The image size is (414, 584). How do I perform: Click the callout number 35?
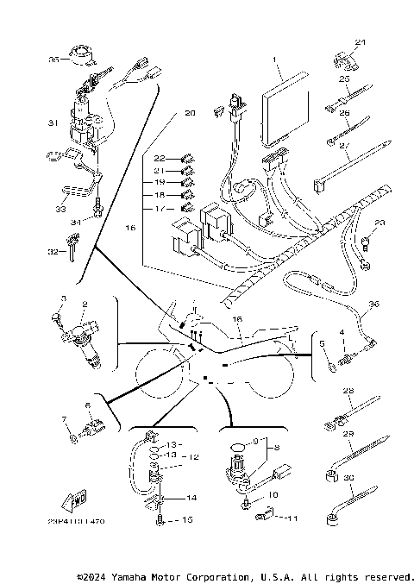pos(53,60)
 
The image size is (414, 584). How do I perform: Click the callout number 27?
pos(344,148)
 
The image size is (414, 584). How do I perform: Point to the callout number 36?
pos(373,304)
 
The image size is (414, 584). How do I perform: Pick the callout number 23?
pos(379,223)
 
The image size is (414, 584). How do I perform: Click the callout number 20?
pos(190,113)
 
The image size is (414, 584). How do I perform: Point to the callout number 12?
pos(195,456)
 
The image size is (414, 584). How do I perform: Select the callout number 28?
pos(348,391)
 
